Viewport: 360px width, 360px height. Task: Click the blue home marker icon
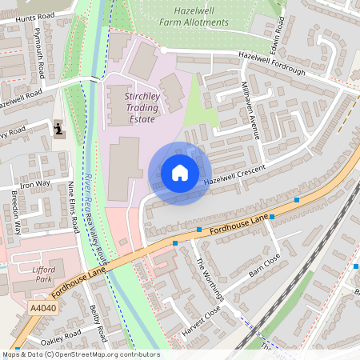(180, 173)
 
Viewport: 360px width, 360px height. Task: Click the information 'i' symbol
(58, 128)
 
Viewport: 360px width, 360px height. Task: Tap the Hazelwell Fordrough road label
(271, 65)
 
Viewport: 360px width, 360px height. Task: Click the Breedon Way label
(15, 213)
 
